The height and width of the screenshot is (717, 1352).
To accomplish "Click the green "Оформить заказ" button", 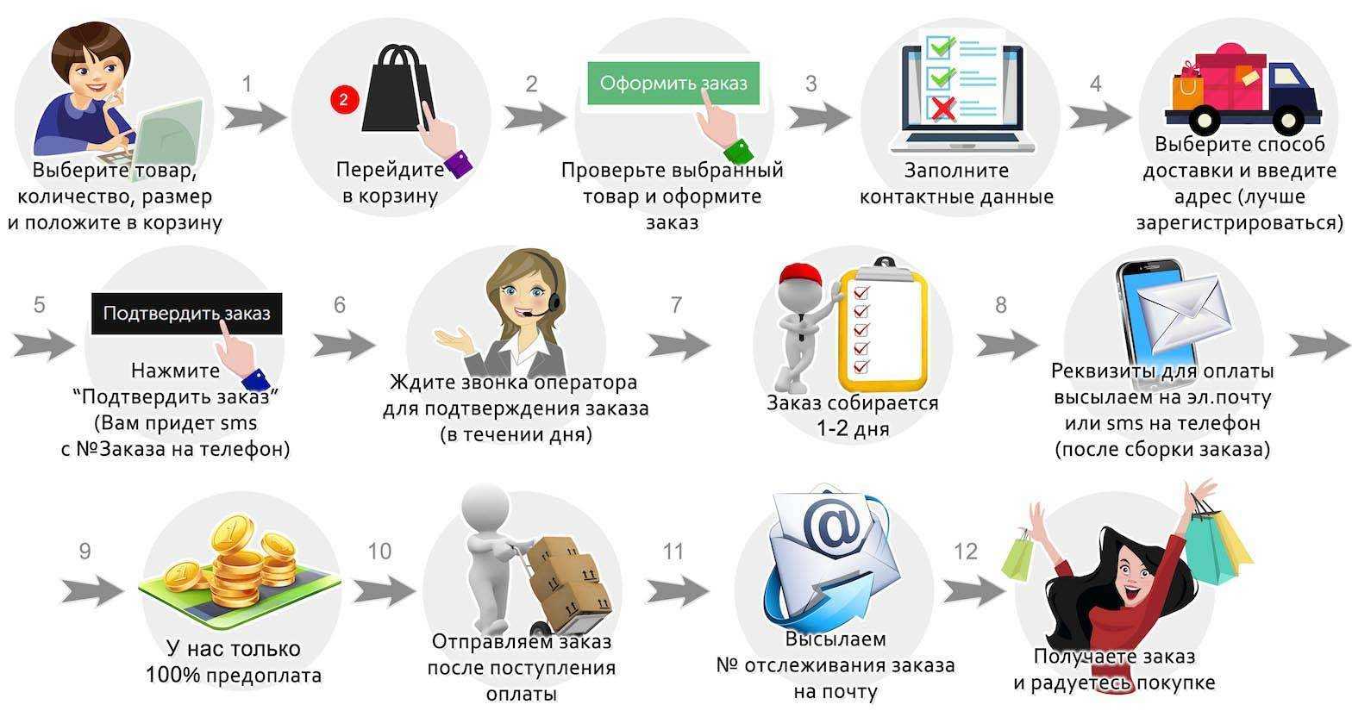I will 673,84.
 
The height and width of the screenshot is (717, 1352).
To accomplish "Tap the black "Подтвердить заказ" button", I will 186,313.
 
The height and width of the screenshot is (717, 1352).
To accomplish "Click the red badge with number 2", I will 343,99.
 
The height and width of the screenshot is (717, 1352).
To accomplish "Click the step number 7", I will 676,304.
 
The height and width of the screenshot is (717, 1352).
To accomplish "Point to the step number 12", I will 966,552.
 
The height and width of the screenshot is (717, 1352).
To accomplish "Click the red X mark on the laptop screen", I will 942,109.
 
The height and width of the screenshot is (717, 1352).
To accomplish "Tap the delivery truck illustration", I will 1242,86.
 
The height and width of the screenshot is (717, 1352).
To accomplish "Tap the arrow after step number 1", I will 254,116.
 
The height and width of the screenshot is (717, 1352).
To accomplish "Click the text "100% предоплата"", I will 234,675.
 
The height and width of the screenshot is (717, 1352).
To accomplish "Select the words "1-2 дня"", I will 853,428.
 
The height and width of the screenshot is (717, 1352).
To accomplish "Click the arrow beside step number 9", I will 92,591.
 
